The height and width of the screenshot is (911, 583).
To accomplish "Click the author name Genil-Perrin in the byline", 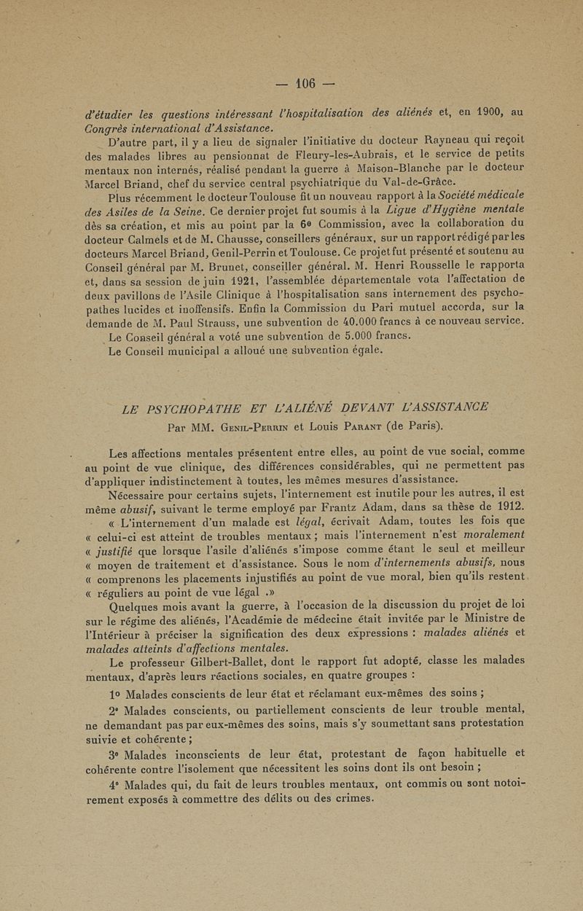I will click(249, 424).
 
